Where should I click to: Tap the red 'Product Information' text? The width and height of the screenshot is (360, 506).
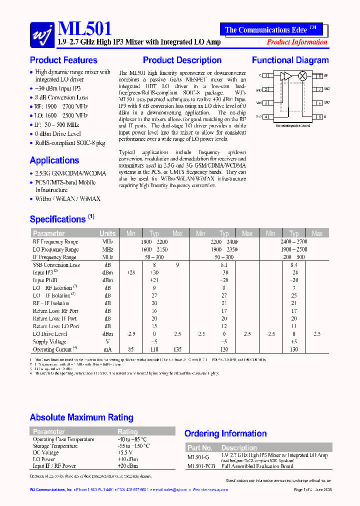tap(297, 42)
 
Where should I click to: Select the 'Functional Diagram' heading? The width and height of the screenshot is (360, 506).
tap(290, 60)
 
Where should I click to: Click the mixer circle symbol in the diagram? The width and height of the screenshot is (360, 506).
tap(302, 76)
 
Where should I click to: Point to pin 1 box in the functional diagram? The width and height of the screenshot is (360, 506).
tap(267, 76)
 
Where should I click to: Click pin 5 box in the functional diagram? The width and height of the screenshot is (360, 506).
tap(318, 116)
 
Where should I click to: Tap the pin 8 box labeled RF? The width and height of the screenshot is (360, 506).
tap(318, 76)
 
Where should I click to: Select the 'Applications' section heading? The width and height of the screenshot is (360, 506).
tap(54, 160)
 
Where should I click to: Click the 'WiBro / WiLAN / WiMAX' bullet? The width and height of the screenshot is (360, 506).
tap(67, 199)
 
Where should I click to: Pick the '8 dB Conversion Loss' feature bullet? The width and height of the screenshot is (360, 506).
tap(61, 98)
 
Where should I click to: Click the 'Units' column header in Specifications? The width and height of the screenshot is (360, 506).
tap(107, 233)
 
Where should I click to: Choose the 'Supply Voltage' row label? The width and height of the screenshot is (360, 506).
tap(49, 342)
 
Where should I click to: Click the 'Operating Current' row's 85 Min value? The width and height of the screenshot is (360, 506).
tap(131, 349)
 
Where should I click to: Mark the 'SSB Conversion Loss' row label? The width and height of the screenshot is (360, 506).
tap(56, 265)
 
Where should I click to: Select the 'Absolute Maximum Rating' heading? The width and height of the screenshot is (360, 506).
tap(81, 417)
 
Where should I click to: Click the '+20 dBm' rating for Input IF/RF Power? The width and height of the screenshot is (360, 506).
tap(128, 466)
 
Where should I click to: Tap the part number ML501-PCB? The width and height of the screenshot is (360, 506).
tap(201, 466)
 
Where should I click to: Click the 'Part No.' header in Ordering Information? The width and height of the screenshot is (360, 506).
tap(200, 448)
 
